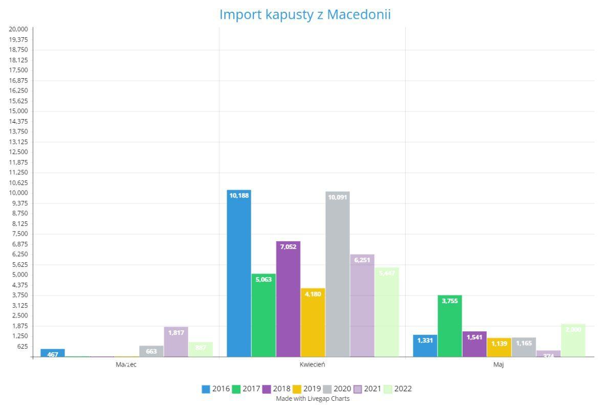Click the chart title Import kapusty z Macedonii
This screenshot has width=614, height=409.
305,15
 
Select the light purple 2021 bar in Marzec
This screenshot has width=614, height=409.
176,342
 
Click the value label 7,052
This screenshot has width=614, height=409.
288,247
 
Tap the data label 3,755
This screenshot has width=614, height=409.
450,301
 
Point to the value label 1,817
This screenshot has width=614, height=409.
176,333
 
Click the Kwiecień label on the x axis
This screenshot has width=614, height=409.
312,365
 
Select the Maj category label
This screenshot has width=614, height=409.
498,365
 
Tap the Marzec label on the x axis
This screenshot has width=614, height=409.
126,365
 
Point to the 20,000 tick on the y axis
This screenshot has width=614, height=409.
18,29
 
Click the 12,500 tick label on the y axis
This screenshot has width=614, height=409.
18,152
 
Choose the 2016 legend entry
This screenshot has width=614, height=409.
216,389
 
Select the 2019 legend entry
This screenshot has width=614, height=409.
307,389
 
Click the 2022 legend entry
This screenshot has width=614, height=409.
398,389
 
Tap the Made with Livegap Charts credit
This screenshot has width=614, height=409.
313,398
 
